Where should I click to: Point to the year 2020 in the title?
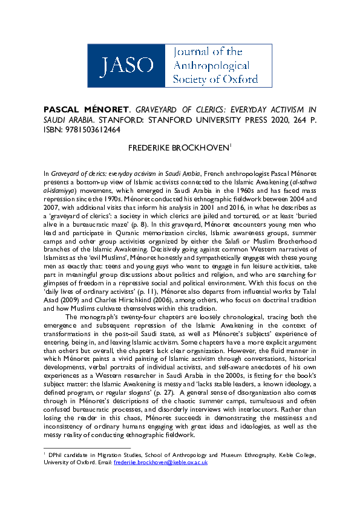point(268,120)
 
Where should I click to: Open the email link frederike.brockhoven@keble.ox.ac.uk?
point(160,461)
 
